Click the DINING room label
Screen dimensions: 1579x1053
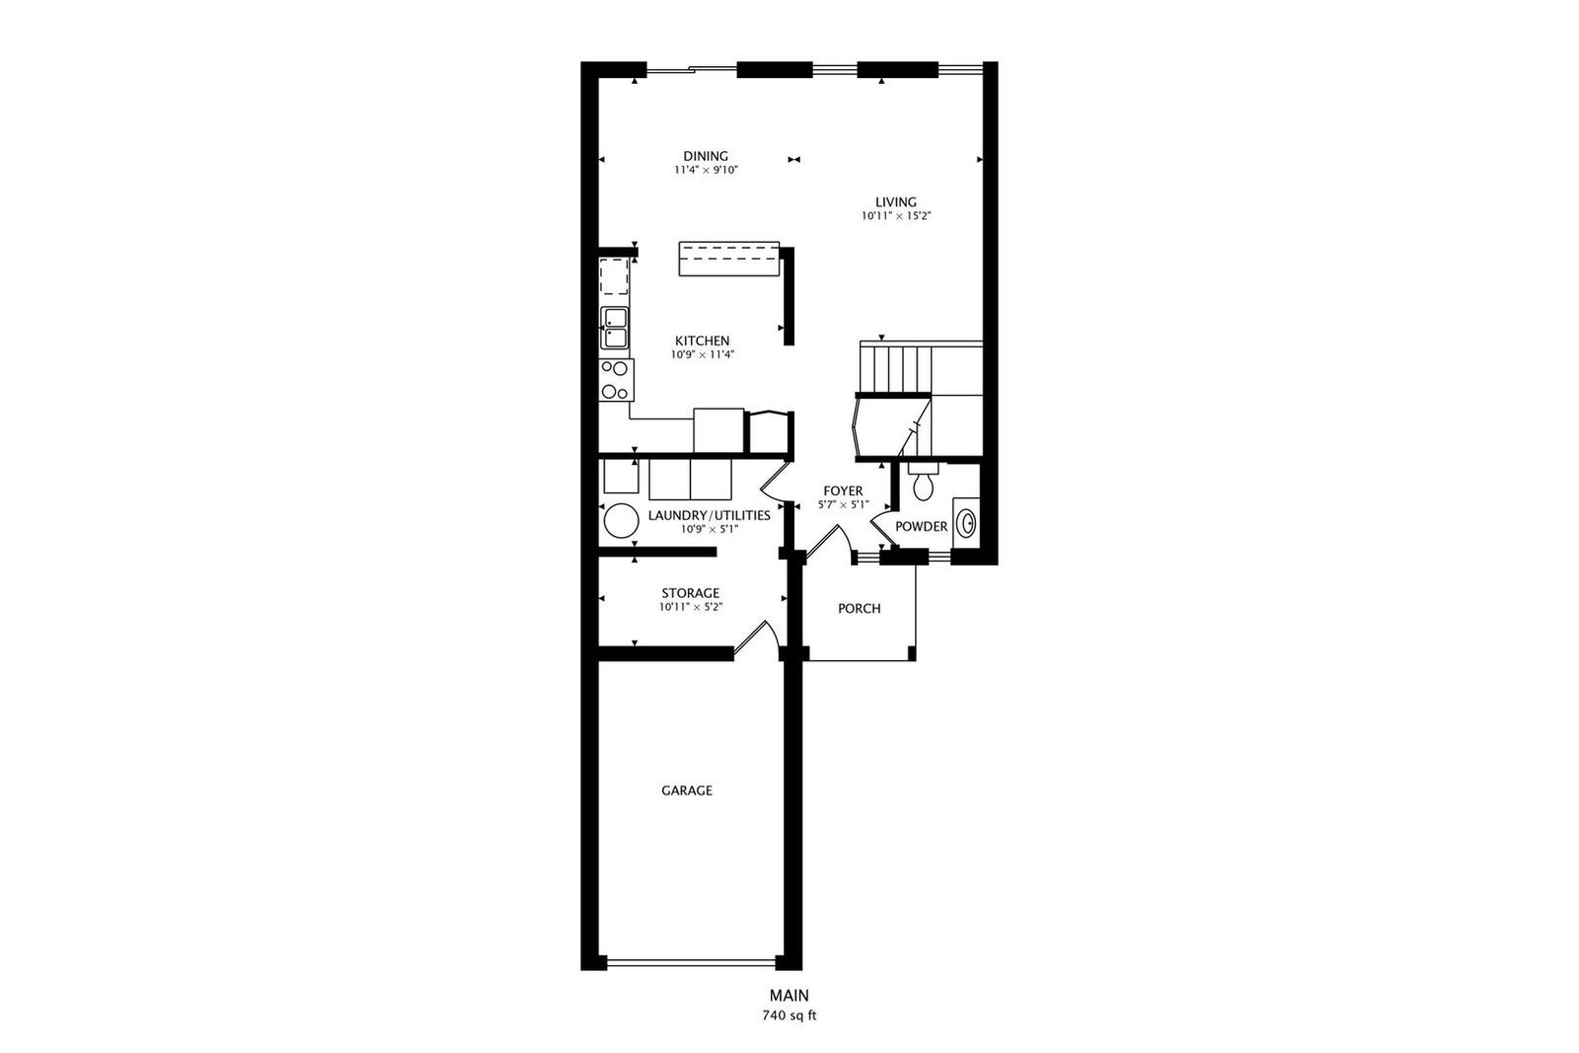pos(706,156)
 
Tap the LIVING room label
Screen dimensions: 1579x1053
pos(896,202)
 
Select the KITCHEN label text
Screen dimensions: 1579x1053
pos(702,340)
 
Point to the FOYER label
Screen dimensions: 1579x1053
pos(843,490)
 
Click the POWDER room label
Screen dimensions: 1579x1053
pos(922,527)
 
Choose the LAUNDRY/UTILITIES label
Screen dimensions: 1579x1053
pos(710,515)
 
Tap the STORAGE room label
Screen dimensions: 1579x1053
pos(690,593)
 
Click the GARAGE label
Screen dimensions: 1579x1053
pos(687,790)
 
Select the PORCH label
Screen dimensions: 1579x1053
pos(860,608)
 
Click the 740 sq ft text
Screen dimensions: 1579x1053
pos(789,1015)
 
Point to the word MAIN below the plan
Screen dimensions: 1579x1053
pos(789,995)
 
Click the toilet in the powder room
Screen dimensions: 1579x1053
pos(923,481)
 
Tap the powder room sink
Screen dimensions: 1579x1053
pos(966,523)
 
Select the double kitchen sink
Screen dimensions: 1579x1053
pos(614,328)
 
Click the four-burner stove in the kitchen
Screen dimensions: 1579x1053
pos(616,380)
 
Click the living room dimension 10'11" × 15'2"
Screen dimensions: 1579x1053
pos(896,216)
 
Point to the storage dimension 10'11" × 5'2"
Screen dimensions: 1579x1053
pos(691,607)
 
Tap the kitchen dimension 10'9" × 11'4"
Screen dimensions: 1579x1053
pos(702,354)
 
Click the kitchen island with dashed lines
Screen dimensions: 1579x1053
pos(729,259)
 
